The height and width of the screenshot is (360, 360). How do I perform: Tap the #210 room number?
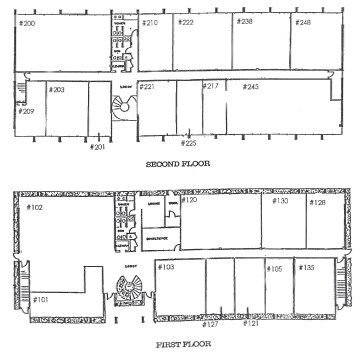coord(150,22)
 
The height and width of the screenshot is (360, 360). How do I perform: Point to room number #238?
coord(245,22)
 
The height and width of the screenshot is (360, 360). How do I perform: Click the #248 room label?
coord(303,22)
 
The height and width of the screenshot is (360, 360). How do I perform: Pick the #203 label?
coord(57,90)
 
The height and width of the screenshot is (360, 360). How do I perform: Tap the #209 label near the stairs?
coord(27,111)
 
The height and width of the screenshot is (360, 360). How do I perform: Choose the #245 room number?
coord(251,87)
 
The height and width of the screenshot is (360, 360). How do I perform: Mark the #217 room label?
coord(211,87)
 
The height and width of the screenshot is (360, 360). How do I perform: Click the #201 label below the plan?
coord(97,147)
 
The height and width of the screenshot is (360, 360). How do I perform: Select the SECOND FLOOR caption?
coord(180,165)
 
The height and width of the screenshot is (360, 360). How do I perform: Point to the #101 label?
coord(41,298)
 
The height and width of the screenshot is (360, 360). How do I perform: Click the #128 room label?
coord(317,203)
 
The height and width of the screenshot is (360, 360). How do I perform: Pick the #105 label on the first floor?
coord(275,268)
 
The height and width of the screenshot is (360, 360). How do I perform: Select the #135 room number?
coord(308,267)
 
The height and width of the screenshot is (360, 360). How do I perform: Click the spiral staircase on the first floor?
coord(130,290)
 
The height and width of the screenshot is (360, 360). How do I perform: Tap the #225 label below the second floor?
coord(189,143)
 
